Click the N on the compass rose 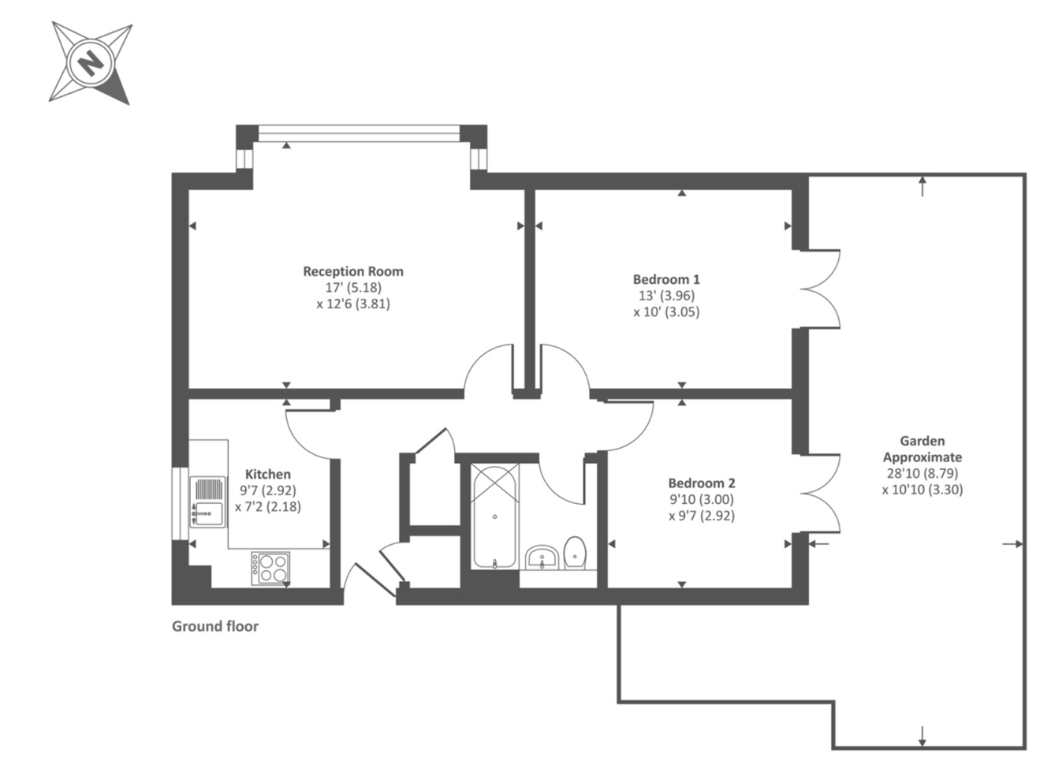click(x=91, y=62)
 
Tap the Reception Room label click(x=353, y=271)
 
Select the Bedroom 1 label click(x=666, y=279)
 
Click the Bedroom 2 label click(x=701, y=483)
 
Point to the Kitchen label click(x=268, y=474)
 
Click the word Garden click(x=922, y=441)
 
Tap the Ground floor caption click(x=215, y=626)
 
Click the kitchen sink click(x=209, y=502)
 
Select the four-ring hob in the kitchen click(x=270, y=568)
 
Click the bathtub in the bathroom click(x=495, y=516)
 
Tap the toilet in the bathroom click(x=576, y=553)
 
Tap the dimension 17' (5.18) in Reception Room click(x=353, y=288)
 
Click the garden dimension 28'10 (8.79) click(x=922, y=473)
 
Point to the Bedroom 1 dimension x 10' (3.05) click(x=666, y=311)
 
